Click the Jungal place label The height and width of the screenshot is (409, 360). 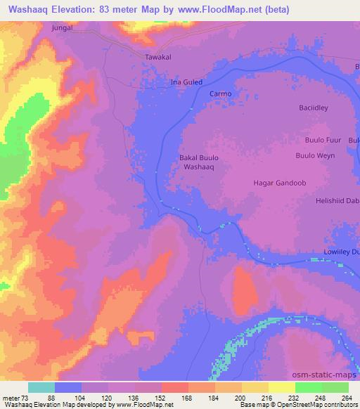point(63,28)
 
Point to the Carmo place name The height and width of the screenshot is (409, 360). point(220,93)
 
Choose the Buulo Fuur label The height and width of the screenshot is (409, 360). point(324,140)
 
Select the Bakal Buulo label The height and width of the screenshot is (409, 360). point(198,158)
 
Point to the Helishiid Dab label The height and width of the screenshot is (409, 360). point(333,200)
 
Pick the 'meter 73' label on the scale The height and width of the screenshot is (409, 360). point(15,397)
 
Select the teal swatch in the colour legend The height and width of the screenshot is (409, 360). point(41,387)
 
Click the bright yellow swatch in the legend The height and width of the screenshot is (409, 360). point(282,387)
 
